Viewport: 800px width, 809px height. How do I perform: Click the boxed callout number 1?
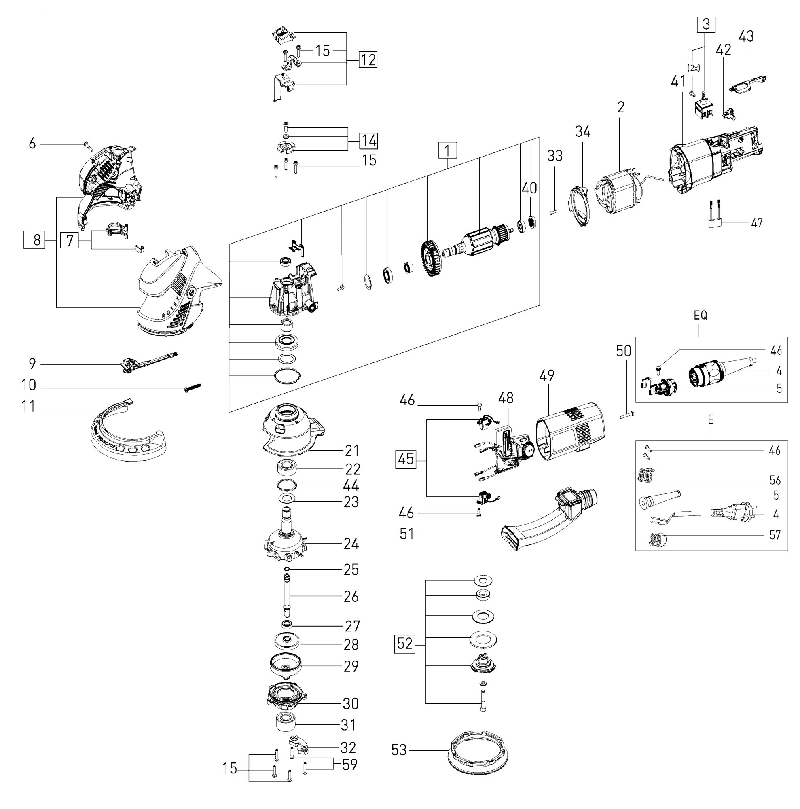pyautogui.click(x=447, y=151)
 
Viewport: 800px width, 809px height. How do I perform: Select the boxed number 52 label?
pyautogui.click(x=405, y=643)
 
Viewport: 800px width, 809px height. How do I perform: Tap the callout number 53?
pyautogui.click(x=398, y=749)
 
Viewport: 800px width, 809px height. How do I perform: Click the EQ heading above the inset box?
pyautogui.click(x=700, y=316)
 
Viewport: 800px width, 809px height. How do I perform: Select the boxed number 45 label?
pyautogui.click(x=405, y=459)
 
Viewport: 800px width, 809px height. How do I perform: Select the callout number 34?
pyautogui.click(x=582, y=131)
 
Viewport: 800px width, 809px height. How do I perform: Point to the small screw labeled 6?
pyautogui.click(x=87, y=145)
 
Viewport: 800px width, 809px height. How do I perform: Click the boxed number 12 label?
pyautogui.click(x=368, y=59)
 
